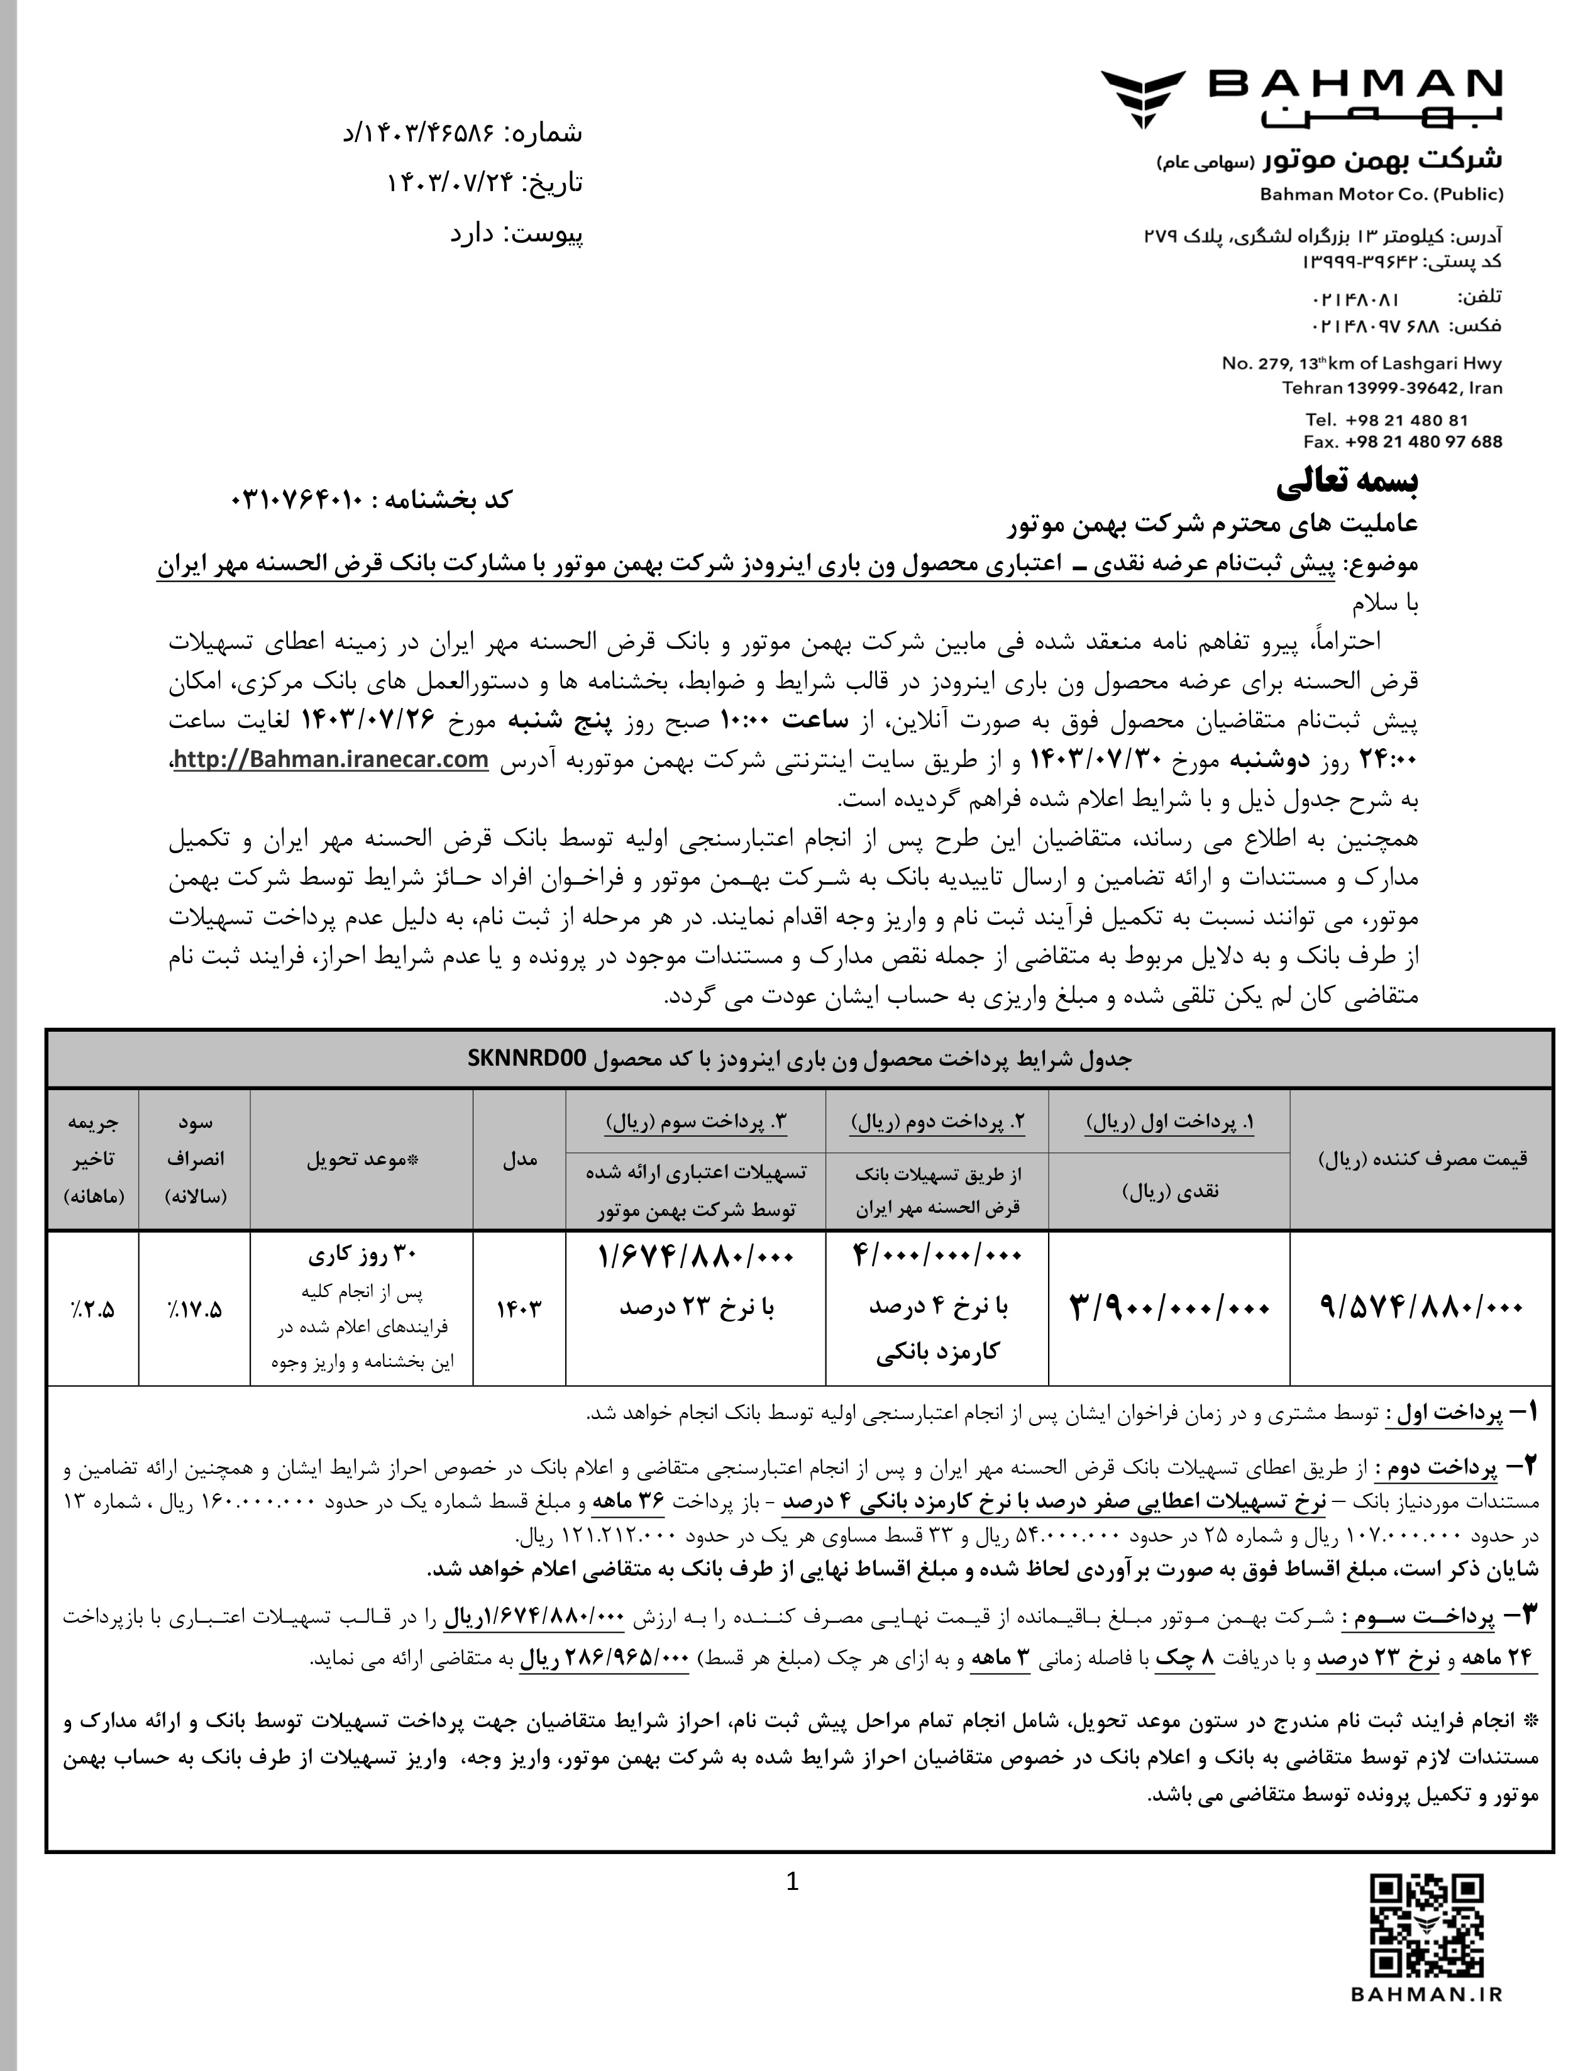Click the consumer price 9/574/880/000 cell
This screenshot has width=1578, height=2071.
tap(1420, 1306)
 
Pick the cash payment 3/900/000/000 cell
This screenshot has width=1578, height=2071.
tap(1169, 1306)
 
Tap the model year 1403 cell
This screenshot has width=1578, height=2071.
tap(519, 1306)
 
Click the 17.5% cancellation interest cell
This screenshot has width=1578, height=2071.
tap(194, 1308)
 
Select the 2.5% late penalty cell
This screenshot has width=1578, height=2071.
tap(92, 1308)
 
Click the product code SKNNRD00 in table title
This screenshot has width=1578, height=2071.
tap(527, 1059)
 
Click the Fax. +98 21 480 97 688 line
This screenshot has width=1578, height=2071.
tap(1403, 441)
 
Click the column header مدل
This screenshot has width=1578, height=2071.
tap(519, 1159)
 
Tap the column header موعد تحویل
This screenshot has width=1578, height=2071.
tap(361, 1159)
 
